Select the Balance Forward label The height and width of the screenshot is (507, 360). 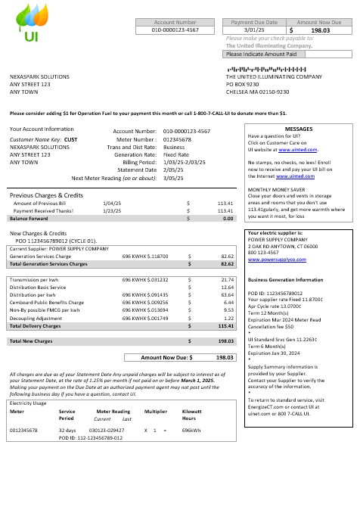click(28, 218)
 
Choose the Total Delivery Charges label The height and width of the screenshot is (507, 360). click(36, 326)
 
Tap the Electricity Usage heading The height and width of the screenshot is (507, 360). click(29, 403)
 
